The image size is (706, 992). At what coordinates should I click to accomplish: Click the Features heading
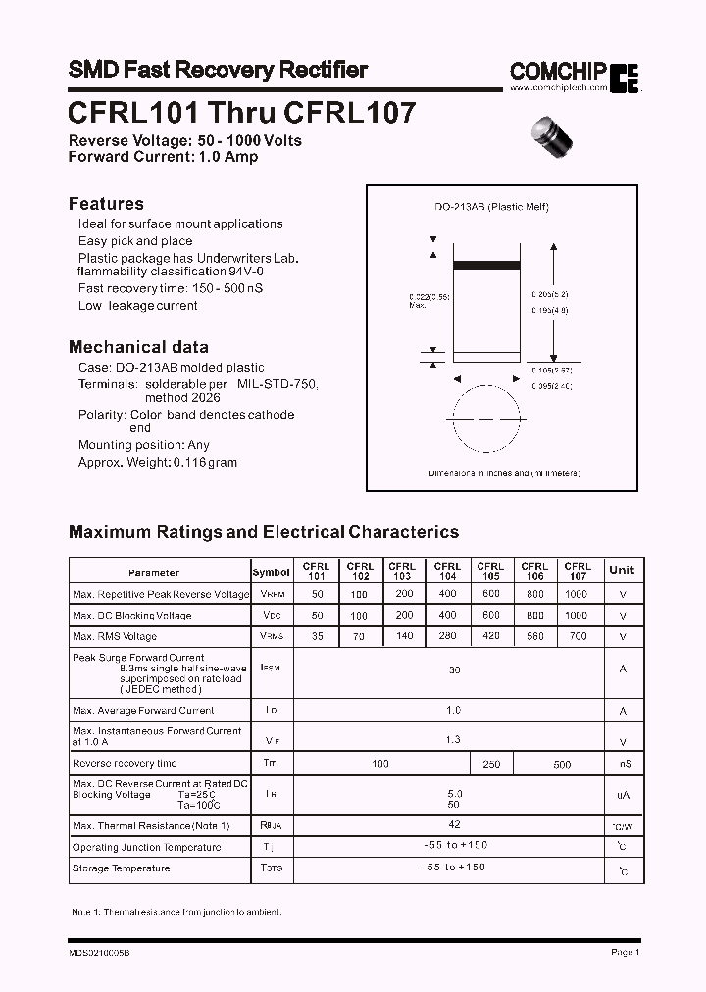(106, 204)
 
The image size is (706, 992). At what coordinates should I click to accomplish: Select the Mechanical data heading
(138, 347)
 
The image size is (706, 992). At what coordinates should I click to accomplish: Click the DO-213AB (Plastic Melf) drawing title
(491, 207)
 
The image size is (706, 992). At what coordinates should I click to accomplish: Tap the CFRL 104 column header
(447, 571)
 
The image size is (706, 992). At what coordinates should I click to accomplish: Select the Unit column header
(622, 570)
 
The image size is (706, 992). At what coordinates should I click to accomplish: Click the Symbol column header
(272, 572)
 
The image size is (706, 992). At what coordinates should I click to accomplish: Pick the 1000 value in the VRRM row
(578, 594)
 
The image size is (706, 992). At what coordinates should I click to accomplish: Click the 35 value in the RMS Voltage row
(316, 636)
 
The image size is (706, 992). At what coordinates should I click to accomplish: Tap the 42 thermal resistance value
(454, 825)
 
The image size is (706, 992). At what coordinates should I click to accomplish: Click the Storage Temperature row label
(121, 868)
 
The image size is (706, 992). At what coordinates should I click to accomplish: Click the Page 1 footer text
(625, 952)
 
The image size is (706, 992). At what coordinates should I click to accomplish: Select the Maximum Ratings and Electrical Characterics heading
(264, 532)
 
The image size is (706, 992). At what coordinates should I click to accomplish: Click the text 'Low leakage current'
(138, 306)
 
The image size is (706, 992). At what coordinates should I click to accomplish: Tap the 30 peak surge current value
(454, 670)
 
